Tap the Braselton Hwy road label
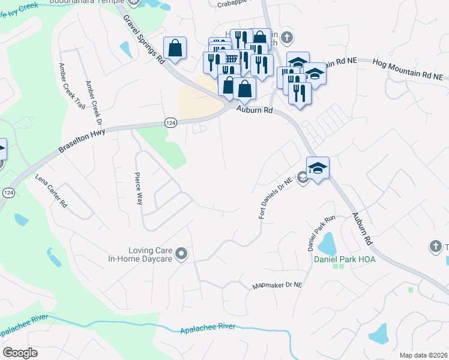pos(82,140)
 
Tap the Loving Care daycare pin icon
pos(181,255)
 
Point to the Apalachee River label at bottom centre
pos(209,328)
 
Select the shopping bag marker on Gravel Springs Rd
pos(175,49)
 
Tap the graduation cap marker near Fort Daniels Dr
pos(318,167)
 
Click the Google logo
pos(20,353)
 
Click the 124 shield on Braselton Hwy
pos(171,122)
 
